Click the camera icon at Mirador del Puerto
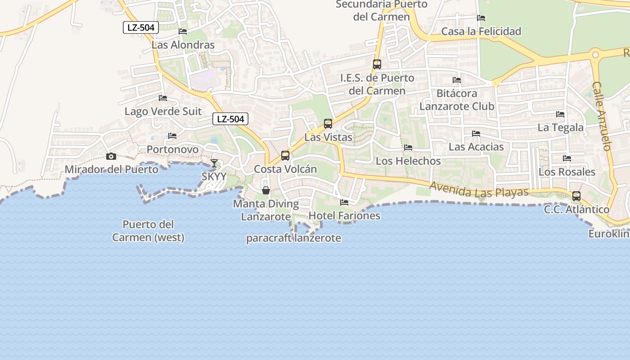(111, 157)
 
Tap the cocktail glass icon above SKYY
(214, 163)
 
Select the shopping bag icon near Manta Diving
(266, 190)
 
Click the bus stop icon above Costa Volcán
(285, 156)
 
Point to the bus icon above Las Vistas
(328, 124)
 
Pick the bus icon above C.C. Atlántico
(576, 196)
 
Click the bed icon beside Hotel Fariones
(344, 202)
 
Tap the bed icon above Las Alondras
(183, 31)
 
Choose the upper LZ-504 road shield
(141, 27)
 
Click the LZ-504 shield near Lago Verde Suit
(230, 119)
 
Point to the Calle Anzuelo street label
(602, 116)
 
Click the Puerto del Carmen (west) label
(148, 231)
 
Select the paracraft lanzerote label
(293, 238)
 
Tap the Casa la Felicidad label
(481, 31)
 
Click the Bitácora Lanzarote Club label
(457, 100)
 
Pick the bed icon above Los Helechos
(408, 148)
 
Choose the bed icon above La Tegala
(560, 114)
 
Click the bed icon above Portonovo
(172, 136)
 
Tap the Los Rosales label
(567, 172)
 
